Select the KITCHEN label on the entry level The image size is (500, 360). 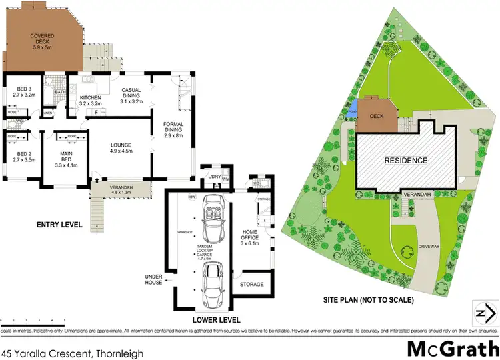(89, 100)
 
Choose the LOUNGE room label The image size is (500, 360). (121, 147)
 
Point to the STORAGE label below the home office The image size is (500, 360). (251, 284)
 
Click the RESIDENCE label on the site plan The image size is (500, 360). (406, 161)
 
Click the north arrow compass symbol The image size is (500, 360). (485, 311)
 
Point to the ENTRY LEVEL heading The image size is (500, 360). (59, 225)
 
